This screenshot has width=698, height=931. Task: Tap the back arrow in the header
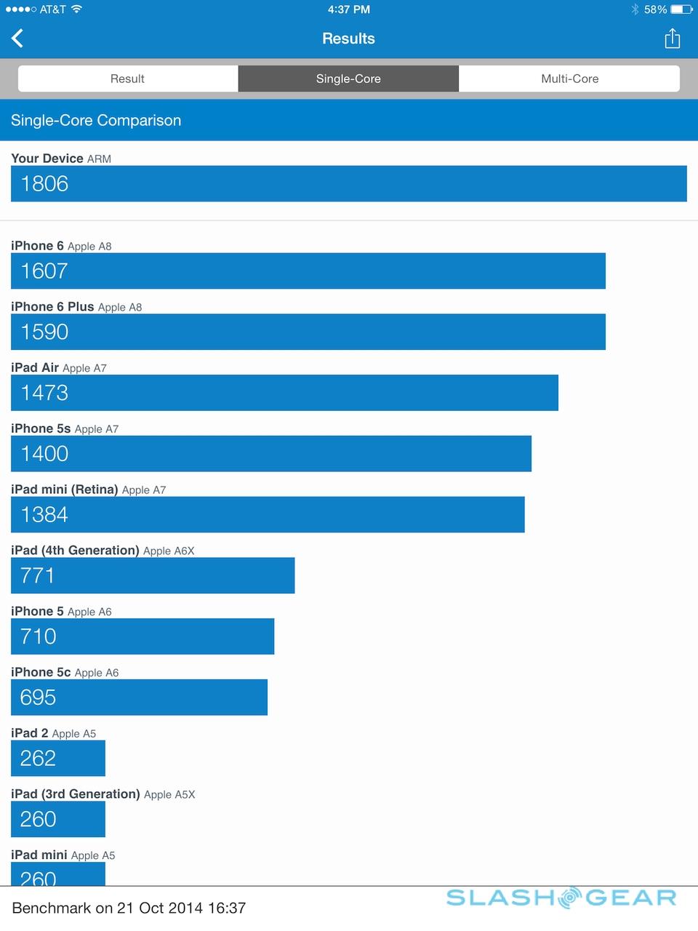(x=18, y=39)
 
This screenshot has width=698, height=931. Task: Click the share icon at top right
(x=673, y=39)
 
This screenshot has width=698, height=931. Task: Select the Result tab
(x=128, y=79)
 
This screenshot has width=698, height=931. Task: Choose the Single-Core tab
(x=348, y=79)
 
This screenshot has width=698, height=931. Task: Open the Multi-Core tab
(x=569, y=79)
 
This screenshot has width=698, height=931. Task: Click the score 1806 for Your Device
(x=44, y=184)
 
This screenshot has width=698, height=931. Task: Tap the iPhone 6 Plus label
(x=52, y=307)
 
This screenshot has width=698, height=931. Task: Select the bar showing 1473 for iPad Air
(x=284, y=393)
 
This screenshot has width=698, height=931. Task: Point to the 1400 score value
(x=44, y=454)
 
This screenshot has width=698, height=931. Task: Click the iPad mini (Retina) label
(x=65, y=490)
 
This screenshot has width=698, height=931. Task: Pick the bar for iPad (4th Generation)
(x=153, y=575)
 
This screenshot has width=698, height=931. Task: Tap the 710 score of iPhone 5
(x=39, y=636)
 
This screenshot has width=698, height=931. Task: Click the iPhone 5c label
(x=41, y=672)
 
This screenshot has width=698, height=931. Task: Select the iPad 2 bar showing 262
(x=58, y=758)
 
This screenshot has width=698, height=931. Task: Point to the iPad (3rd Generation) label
(x=76, y=794)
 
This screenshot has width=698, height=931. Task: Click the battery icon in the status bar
(x=681, y=9)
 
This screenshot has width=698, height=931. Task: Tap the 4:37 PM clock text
(x=349, y=9)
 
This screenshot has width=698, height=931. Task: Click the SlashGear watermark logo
(x=561, y=898)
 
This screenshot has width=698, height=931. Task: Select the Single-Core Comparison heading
(x=96, y=121)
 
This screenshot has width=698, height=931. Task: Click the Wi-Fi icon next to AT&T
(x=76, y=9)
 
